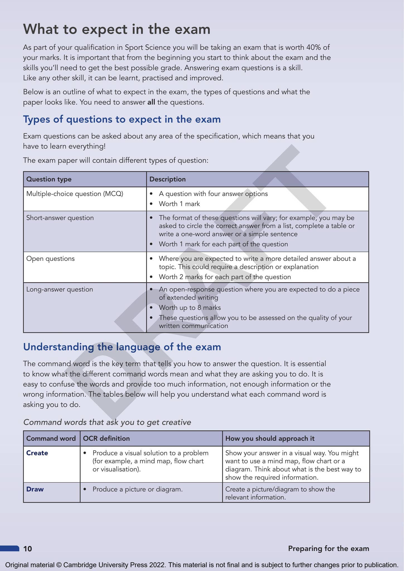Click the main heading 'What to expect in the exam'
tap(117, 30)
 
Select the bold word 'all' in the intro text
tap(151, 102)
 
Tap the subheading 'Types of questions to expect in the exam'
tap(122, 119)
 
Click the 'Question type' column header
tap(49, 179)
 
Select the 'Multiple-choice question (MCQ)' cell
tap(75, 194)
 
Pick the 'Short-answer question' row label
tap(60, 218)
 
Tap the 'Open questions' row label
tap(50, 259)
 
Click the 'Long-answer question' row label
tap(59, 289)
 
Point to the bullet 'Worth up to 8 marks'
tap(190, 308)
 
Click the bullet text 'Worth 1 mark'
tap(179, 204)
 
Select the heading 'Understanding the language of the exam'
tap(122, 347)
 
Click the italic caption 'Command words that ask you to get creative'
tap(107, 422)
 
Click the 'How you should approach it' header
tap(270, 439)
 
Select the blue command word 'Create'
tap(37, 453)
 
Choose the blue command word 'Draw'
tap(35, 489)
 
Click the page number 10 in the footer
tap(28, 549)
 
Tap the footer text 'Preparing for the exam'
tap(328, 548)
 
